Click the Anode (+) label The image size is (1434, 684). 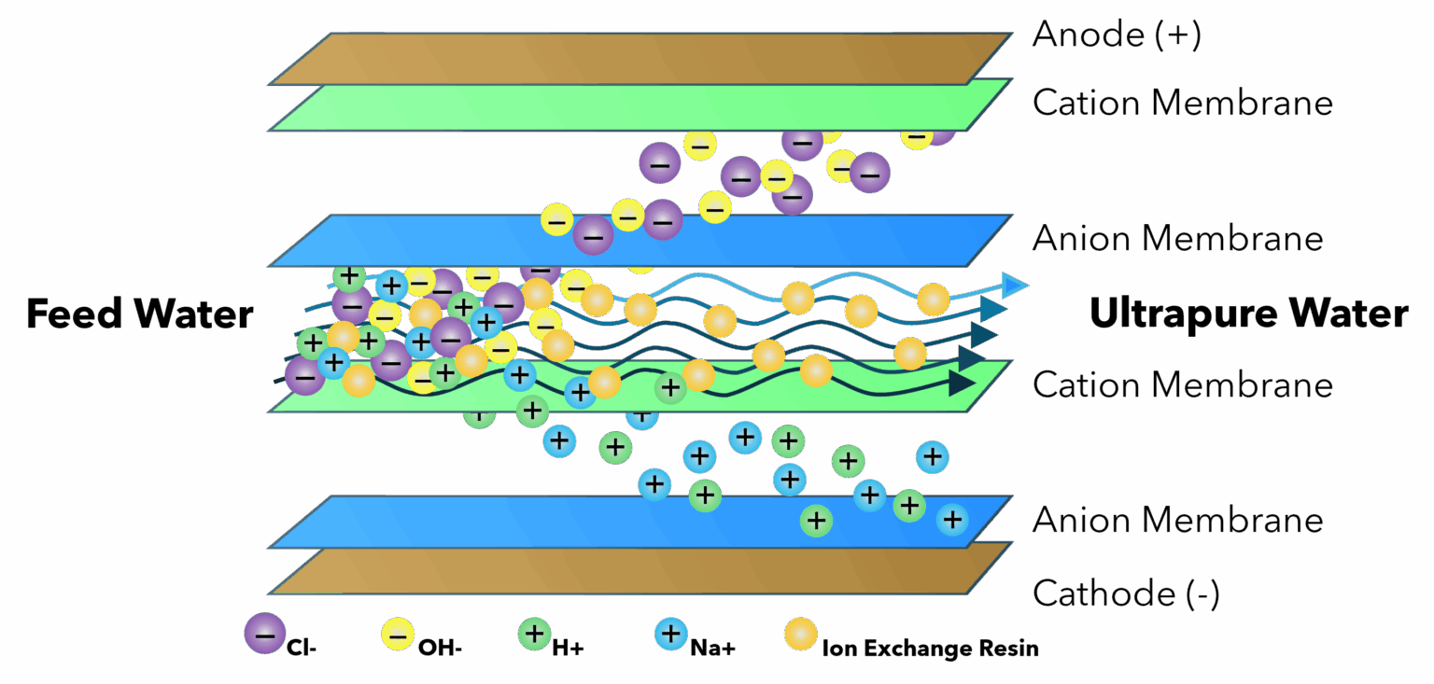click(x=1116, y=35)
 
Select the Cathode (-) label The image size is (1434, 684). click(x=1125, y=593)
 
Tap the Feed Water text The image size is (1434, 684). click(x=139, y=314)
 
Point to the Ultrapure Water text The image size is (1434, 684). click(x=1248, y=314)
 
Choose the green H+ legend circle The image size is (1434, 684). click(x=535, y=635)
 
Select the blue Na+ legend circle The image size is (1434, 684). click(x=670, y=635)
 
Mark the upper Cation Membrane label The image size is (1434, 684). click(x=1182, y=102)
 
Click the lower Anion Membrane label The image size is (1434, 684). click(x=1177, y=520)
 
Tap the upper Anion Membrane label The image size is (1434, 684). click(x=1177, y=238)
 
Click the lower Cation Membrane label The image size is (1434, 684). click(x=1182, y=384)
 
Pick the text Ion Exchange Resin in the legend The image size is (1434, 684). click(x=930, y=649)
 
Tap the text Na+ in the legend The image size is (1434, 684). click(x=713, y=649)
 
